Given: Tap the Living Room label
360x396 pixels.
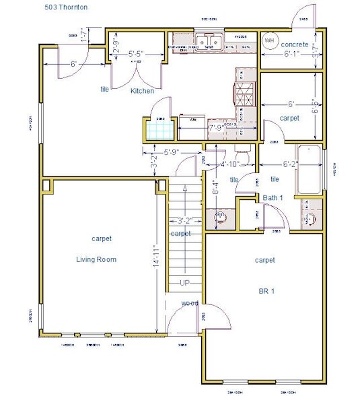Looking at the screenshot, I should point(96,259).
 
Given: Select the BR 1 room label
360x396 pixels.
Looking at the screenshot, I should point(267,291).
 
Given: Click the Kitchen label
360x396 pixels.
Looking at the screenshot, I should point(142,91).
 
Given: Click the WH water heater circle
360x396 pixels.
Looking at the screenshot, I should point(270,40).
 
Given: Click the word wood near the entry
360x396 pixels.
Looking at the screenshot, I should point(190,303).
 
